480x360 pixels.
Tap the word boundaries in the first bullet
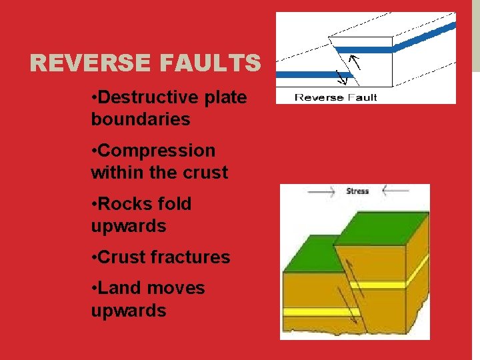140,120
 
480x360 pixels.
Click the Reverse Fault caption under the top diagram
335,97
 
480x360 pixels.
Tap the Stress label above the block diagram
357,191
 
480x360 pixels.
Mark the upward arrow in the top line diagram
355,63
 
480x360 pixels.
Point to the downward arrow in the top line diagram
341,78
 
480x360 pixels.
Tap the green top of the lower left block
308,256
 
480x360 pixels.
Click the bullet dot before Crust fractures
94,258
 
